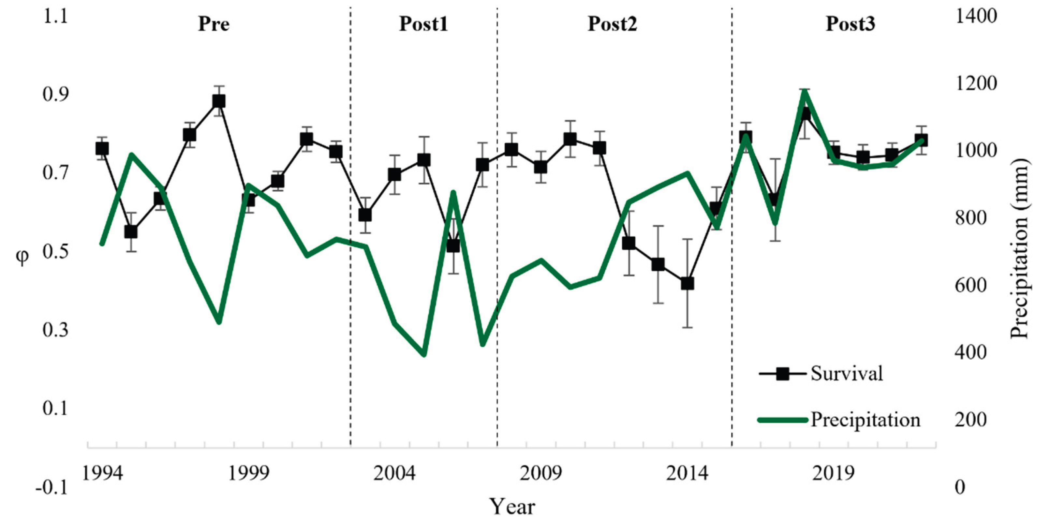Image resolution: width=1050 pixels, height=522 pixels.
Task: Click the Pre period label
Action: pyautogui.click(x=214, y=24)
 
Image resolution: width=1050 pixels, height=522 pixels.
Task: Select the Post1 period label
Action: pyautogui.click(x=423, y=24)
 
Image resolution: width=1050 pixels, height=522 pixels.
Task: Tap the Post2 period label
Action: pyautogui.click(x=612, y=24)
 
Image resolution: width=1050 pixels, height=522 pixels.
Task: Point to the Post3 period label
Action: pyautogui.click(x=850, y=24)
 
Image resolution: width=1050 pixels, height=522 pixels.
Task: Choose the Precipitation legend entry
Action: pyautogui.click(x=865, y=420)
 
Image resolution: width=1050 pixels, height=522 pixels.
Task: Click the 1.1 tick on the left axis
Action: pyautogui.click(x=55, y=17)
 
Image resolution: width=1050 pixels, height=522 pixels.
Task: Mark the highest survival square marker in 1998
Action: pyautogui.click(x=218, y=101)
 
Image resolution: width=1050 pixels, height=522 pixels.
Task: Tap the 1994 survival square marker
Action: pyautogui.click(x=102, y=149)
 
